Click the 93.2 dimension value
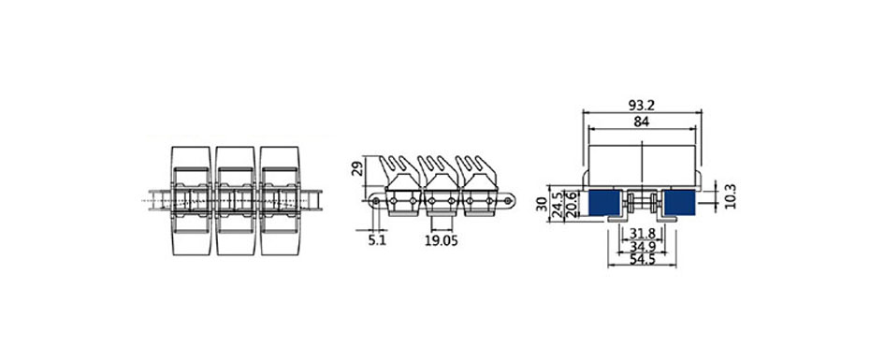642,105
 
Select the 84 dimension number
642,122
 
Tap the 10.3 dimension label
731,194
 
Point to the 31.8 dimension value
643,234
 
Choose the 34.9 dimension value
643,246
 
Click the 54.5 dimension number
643,259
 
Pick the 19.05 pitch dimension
442,240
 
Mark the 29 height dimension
358,167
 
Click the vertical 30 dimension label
542,204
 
